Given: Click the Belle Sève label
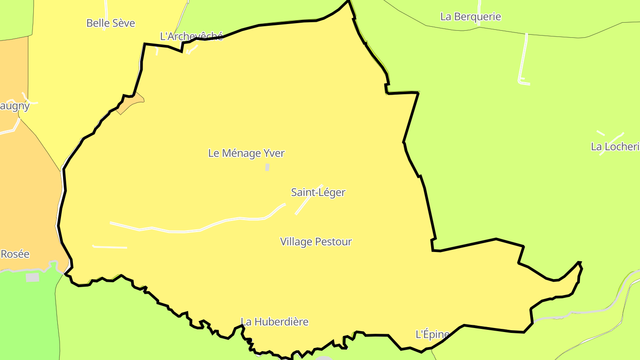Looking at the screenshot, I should coord(111,23).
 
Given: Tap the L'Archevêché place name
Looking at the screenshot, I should coord(191,36).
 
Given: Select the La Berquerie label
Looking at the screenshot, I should coord(470,17).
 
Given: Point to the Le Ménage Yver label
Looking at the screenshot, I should coord(246,153).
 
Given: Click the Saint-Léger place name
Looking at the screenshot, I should coord(318,192).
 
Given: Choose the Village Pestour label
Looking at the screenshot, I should coord(316,242).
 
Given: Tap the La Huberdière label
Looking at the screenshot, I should coord(274,322).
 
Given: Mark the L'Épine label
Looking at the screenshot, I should coord(432,334).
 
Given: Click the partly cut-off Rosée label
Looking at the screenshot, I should coord(15,254).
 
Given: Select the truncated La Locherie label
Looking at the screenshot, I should coord(615,147).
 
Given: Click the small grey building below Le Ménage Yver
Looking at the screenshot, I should coord(267,167).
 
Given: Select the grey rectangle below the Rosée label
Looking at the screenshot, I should coord(32,277).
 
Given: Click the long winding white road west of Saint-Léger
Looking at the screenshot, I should coord(200,230).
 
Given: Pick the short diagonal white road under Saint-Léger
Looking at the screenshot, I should coord(307,200).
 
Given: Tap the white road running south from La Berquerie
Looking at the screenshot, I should coord(523,58).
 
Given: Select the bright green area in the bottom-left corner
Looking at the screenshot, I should coord(27,320).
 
